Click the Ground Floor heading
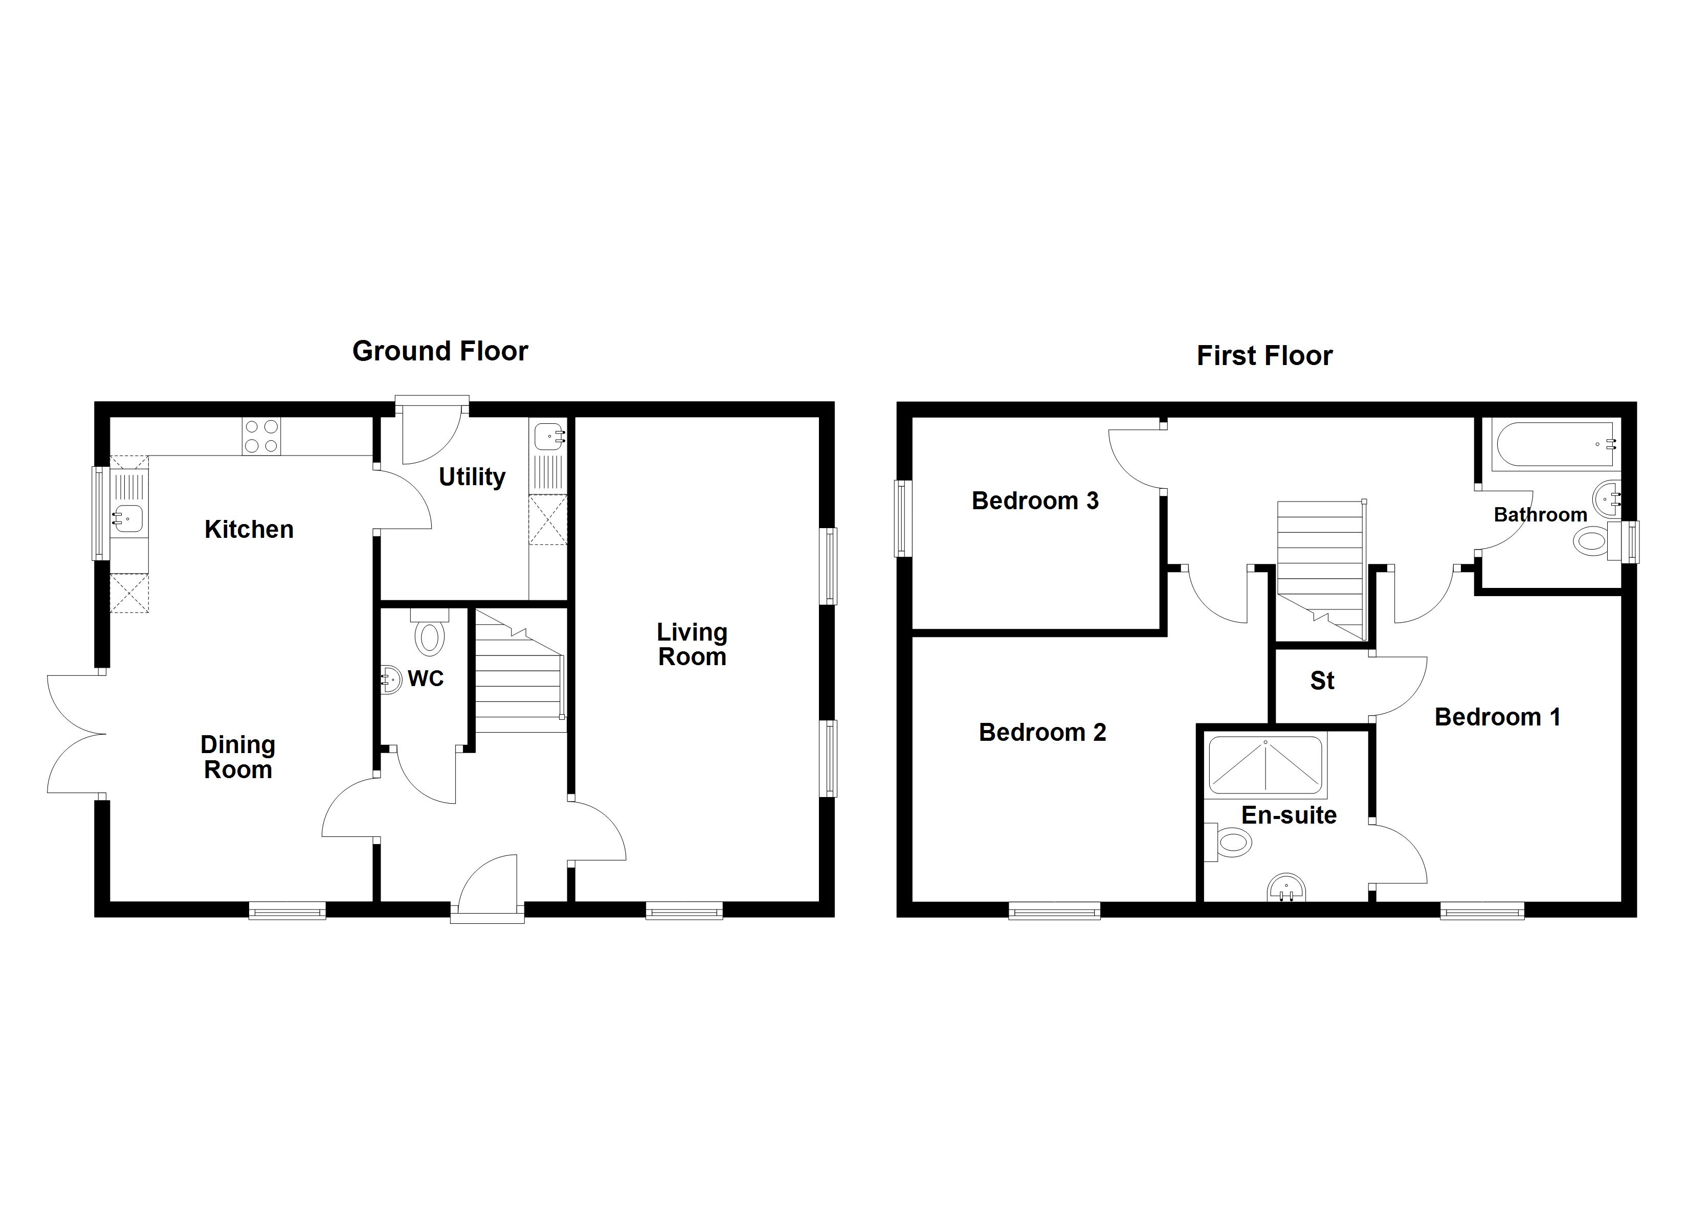pos(440,351)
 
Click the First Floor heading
pos(1264,356)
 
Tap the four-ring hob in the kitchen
pos(261,437)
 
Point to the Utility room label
pos(472,477)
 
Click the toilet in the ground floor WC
pos(430,633)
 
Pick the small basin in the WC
pos(389,678)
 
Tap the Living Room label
pos(692,644)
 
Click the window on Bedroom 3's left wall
pos(903,518)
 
